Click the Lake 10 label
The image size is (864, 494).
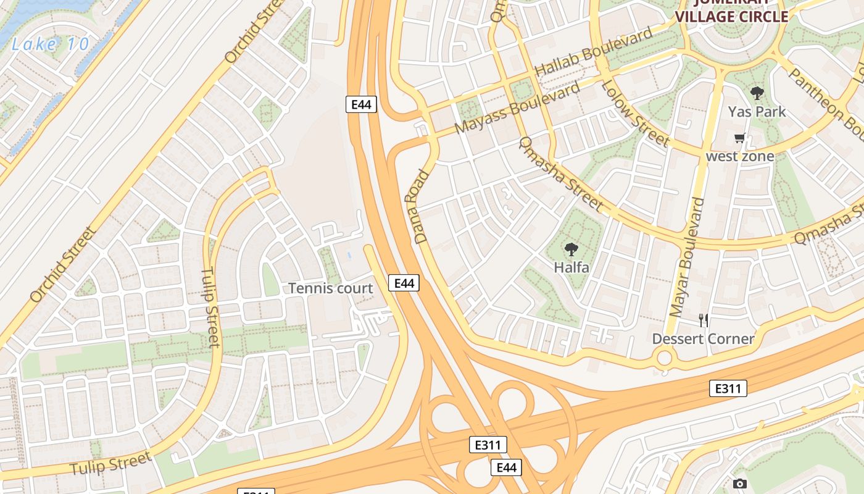[51, 44]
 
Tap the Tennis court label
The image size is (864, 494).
[331, 288]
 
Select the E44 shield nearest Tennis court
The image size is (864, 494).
[404, 283]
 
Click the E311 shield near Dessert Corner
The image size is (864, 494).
[728, 388]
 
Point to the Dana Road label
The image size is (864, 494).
[417, 206]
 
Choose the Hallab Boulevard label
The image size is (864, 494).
[594, 52]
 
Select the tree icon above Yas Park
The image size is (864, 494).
[757, 94]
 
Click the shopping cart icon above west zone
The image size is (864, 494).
[739, 138]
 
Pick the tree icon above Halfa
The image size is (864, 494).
[571, 249]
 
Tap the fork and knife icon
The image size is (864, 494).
[703, 320]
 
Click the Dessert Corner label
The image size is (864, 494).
[703, 339]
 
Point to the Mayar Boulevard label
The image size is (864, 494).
[686, 257]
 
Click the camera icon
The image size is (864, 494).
[739, 484]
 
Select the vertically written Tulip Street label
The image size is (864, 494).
[210, 308]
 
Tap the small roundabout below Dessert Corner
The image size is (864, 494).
[664, 357]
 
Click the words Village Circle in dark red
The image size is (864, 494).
[732, 17]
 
